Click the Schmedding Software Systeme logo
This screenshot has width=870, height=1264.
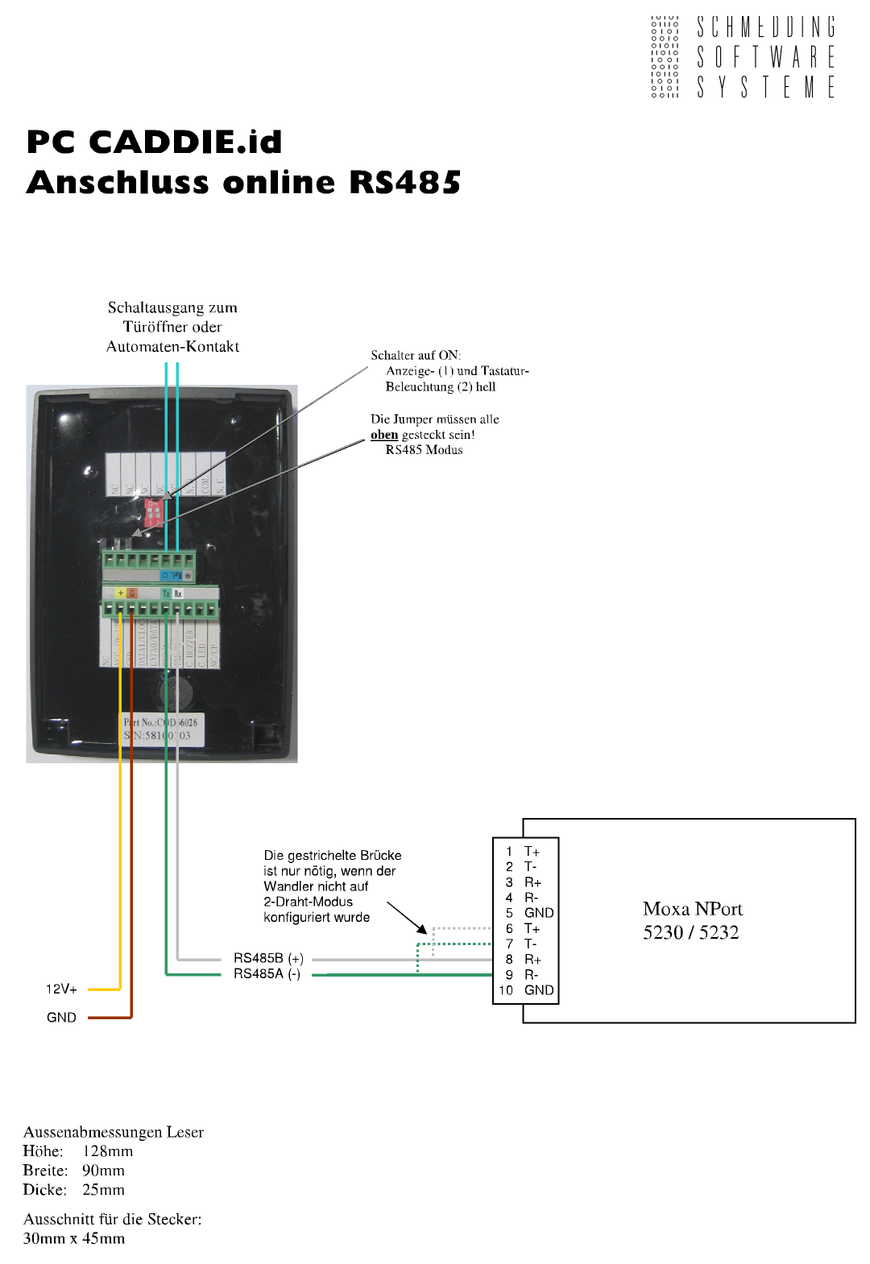[743, 56]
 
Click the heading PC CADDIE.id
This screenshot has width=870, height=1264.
[155, 143]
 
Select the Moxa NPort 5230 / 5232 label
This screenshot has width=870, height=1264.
[692, 920]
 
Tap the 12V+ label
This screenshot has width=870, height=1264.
[61, 989]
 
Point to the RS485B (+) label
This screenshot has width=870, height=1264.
[268, 958]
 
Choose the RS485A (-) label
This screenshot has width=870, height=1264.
[267, 974]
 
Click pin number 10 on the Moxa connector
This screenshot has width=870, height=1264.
[506, 990]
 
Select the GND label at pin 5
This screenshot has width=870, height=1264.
[539, 913]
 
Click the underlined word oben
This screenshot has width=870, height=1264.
[384, 435]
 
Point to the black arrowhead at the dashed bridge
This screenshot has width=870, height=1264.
[421, 928]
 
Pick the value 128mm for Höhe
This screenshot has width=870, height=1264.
[108, 1151]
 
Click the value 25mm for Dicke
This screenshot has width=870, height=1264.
[103, 1190]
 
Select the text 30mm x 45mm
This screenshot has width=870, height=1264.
[74, 1238]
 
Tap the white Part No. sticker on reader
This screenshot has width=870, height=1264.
[162, 729]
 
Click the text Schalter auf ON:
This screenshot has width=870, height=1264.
[416, 355]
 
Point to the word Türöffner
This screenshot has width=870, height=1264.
[172, 327]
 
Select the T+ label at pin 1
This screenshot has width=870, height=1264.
[532, 852]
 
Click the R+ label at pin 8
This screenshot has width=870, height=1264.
[532, 960]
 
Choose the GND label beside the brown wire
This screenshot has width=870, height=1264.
[61, 1018]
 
